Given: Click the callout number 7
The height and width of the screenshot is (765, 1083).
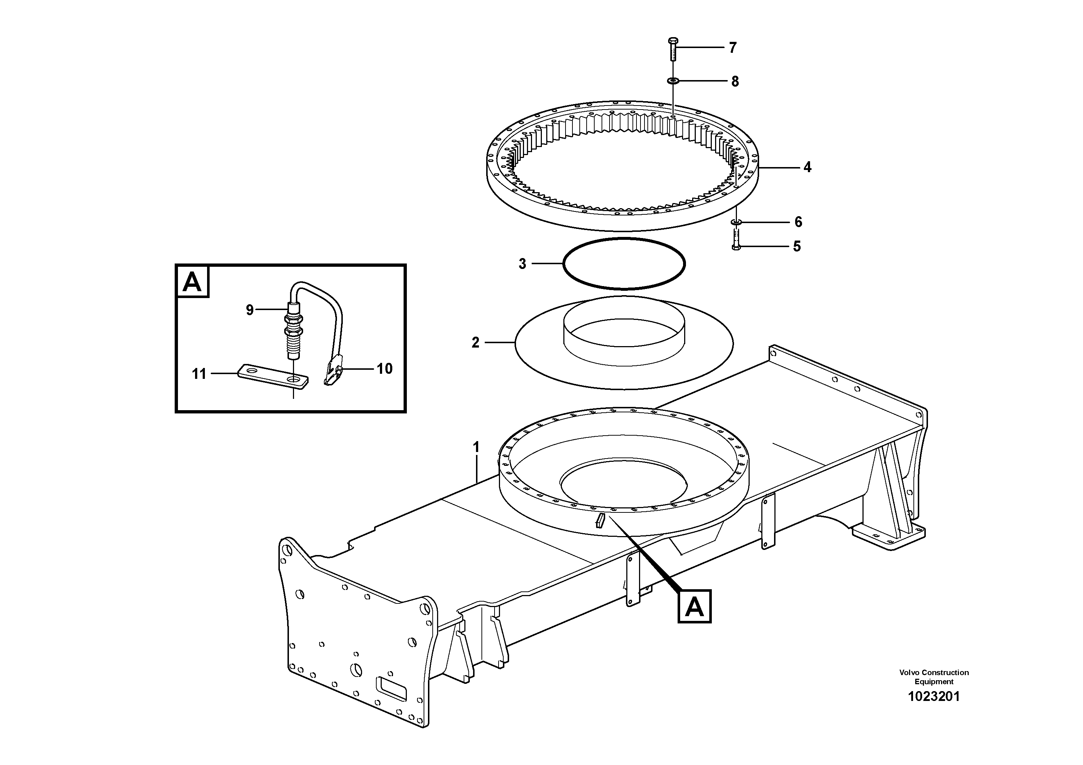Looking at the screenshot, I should pos(733,48).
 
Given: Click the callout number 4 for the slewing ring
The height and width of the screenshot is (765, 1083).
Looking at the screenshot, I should pos(807,167).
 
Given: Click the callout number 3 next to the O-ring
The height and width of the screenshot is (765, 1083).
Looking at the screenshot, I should pos(522,263).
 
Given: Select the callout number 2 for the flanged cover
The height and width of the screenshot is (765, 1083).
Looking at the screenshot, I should pos(476,342).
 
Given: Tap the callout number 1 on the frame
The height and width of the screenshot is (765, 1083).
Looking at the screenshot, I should pos(476,447).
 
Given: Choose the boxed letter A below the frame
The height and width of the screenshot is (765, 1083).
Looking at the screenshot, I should pos(694,607).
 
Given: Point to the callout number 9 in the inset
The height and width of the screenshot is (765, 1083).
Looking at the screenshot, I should pos(250,310).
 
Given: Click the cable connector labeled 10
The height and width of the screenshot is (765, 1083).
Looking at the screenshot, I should pos(333,371).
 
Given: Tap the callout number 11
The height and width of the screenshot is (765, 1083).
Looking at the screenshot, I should pos(199,374).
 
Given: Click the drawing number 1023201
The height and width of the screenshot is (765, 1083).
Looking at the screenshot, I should pos(933,697).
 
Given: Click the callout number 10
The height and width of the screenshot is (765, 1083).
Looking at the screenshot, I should pos(384,369).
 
